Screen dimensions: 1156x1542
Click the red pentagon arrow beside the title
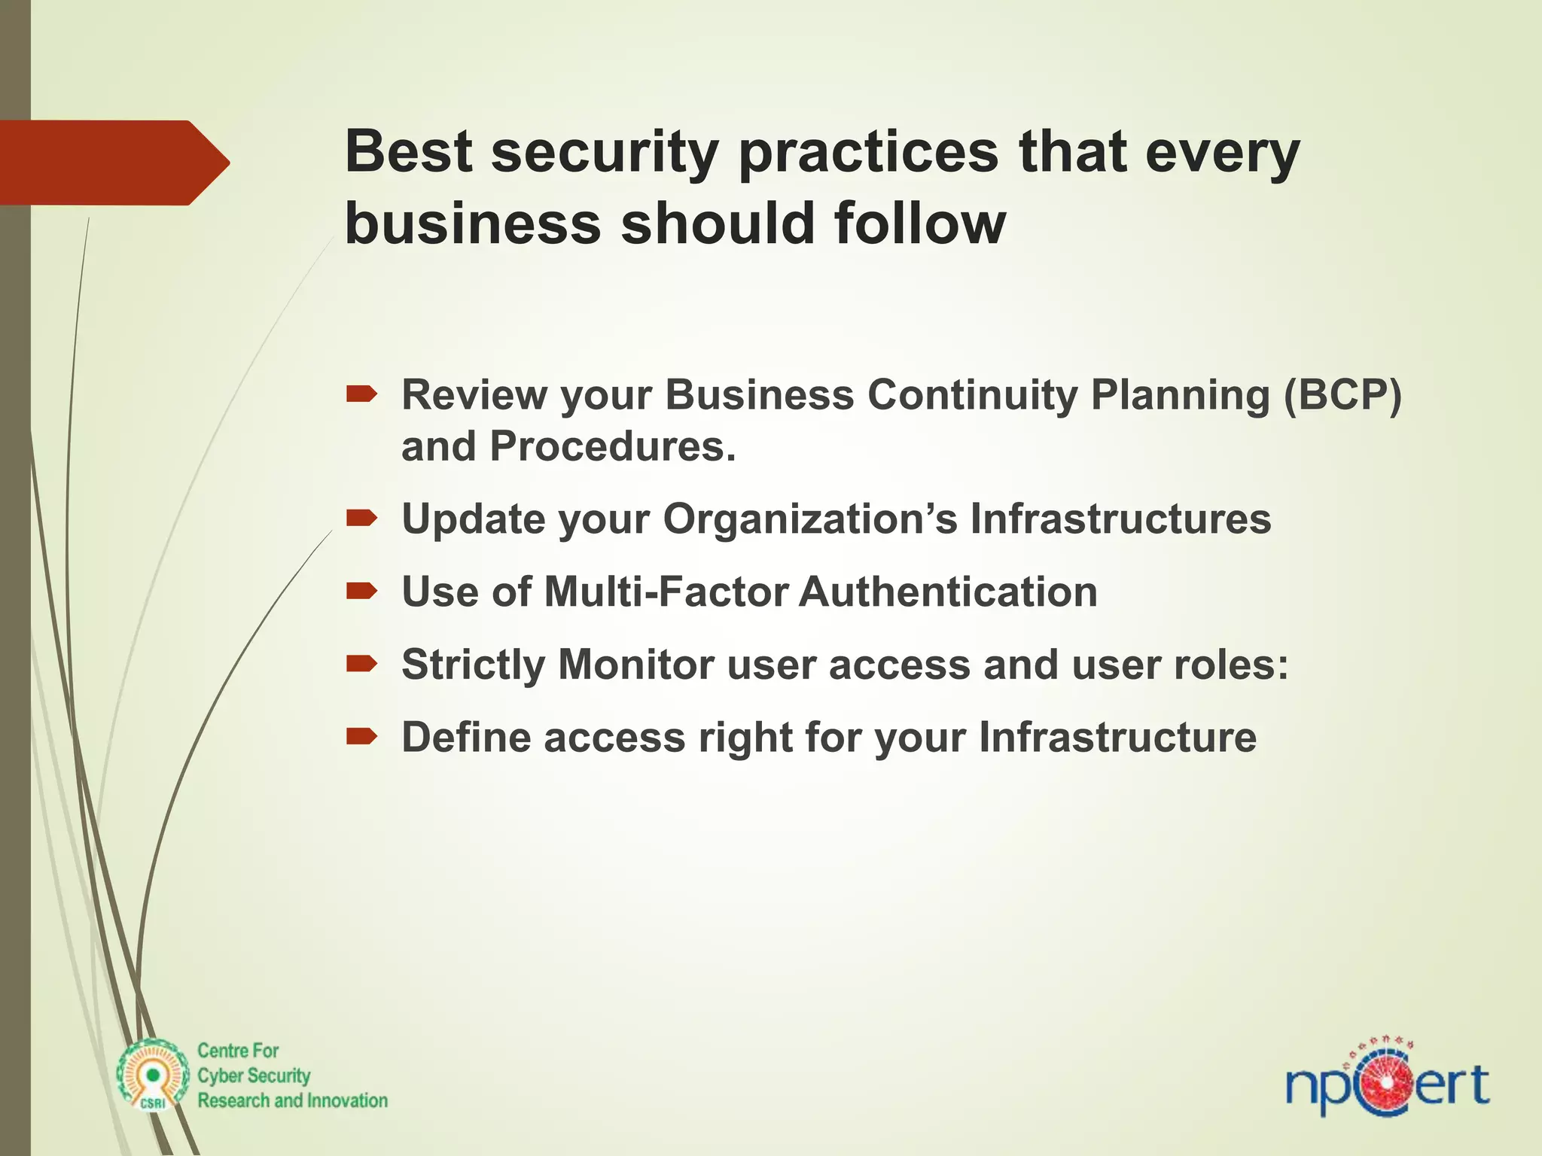pos(113,163)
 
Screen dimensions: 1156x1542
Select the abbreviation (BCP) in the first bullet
pos(1342,394)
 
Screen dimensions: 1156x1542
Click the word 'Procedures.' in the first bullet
pos(613,446)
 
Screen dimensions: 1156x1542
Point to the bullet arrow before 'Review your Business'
pos(361,394)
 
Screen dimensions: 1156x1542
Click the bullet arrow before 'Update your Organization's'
pos(361,518)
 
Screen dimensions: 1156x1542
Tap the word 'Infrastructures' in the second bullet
pos(1120,519)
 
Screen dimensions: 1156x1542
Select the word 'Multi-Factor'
pos(666,592)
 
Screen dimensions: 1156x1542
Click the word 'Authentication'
pos(947,592)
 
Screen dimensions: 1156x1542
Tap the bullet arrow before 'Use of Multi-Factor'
pos(361,591)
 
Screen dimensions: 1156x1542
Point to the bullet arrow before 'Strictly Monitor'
pos(361,663)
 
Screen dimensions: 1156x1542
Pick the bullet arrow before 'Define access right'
pos(361,736)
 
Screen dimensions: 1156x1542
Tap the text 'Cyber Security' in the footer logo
pos(254,1076)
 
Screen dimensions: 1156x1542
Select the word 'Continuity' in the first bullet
pos(972,394)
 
